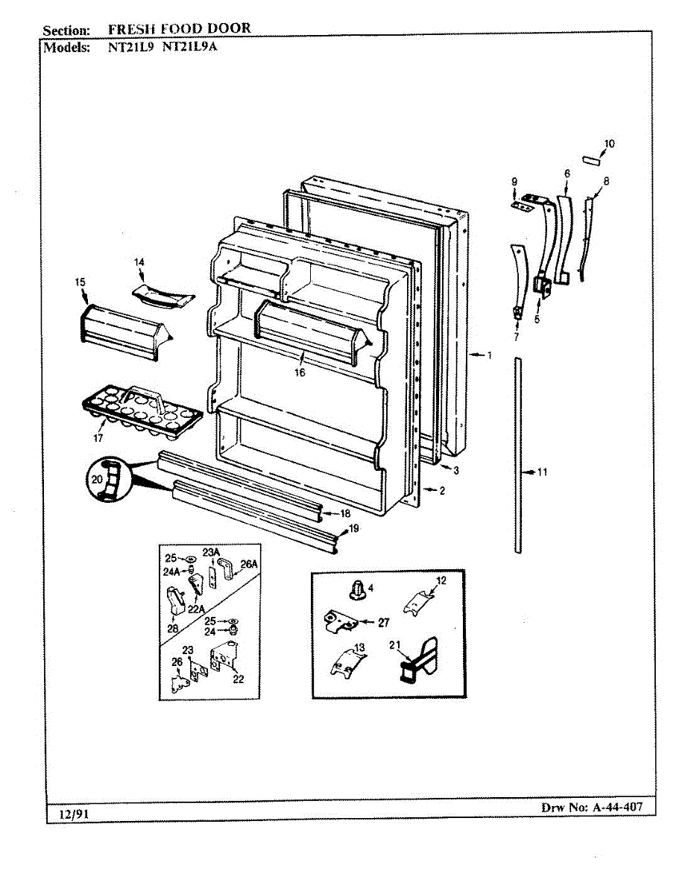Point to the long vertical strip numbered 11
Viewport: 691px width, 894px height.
pyautogui.click(x=517, y=454)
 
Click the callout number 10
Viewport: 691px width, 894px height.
pyautogui.click(x=610, y=143)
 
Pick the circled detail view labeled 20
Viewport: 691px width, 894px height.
pyautogui.click(x=107, y=481)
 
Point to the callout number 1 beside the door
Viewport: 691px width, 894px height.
pyautogui.click(x=490, y=355)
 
